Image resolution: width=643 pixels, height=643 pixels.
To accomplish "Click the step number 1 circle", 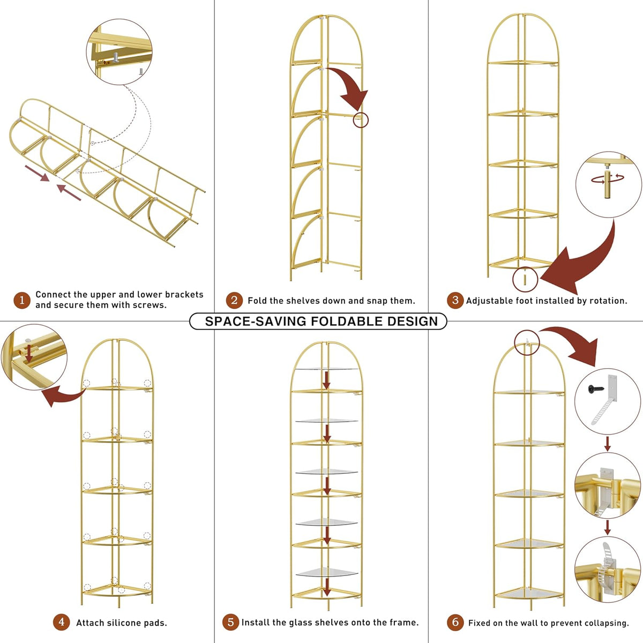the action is point(22,300).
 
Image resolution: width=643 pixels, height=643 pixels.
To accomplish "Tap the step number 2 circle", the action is point(234,300).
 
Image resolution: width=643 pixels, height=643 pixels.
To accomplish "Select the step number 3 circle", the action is point(455,300).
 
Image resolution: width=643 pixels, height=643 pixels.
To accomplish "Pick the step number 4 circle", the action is point(62,622).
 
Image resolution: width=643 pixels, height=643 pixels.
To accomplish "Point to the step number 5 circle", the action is point(230,622).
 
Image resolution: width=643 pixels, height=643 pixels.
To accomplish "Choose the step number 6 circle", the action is point(455,622).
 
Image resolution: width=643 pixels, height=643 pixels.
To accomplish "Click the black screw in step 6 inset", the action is point(596,388).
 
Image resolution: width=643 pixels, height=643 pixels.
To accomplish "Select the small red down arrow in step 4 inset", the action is point(29,353).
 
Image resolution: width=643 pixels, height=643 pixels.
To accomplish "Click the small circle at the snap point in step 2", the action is point(361,120).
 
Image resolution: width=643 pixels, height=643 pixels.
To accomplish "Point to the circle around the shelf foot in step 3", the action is point(525,279).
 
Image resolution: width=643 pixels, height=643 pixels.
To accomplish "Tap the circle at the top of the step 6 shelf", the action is point(527,343).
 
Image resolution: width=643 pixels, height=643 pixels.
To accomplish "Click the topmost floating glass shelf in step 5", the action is point(326,369).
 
